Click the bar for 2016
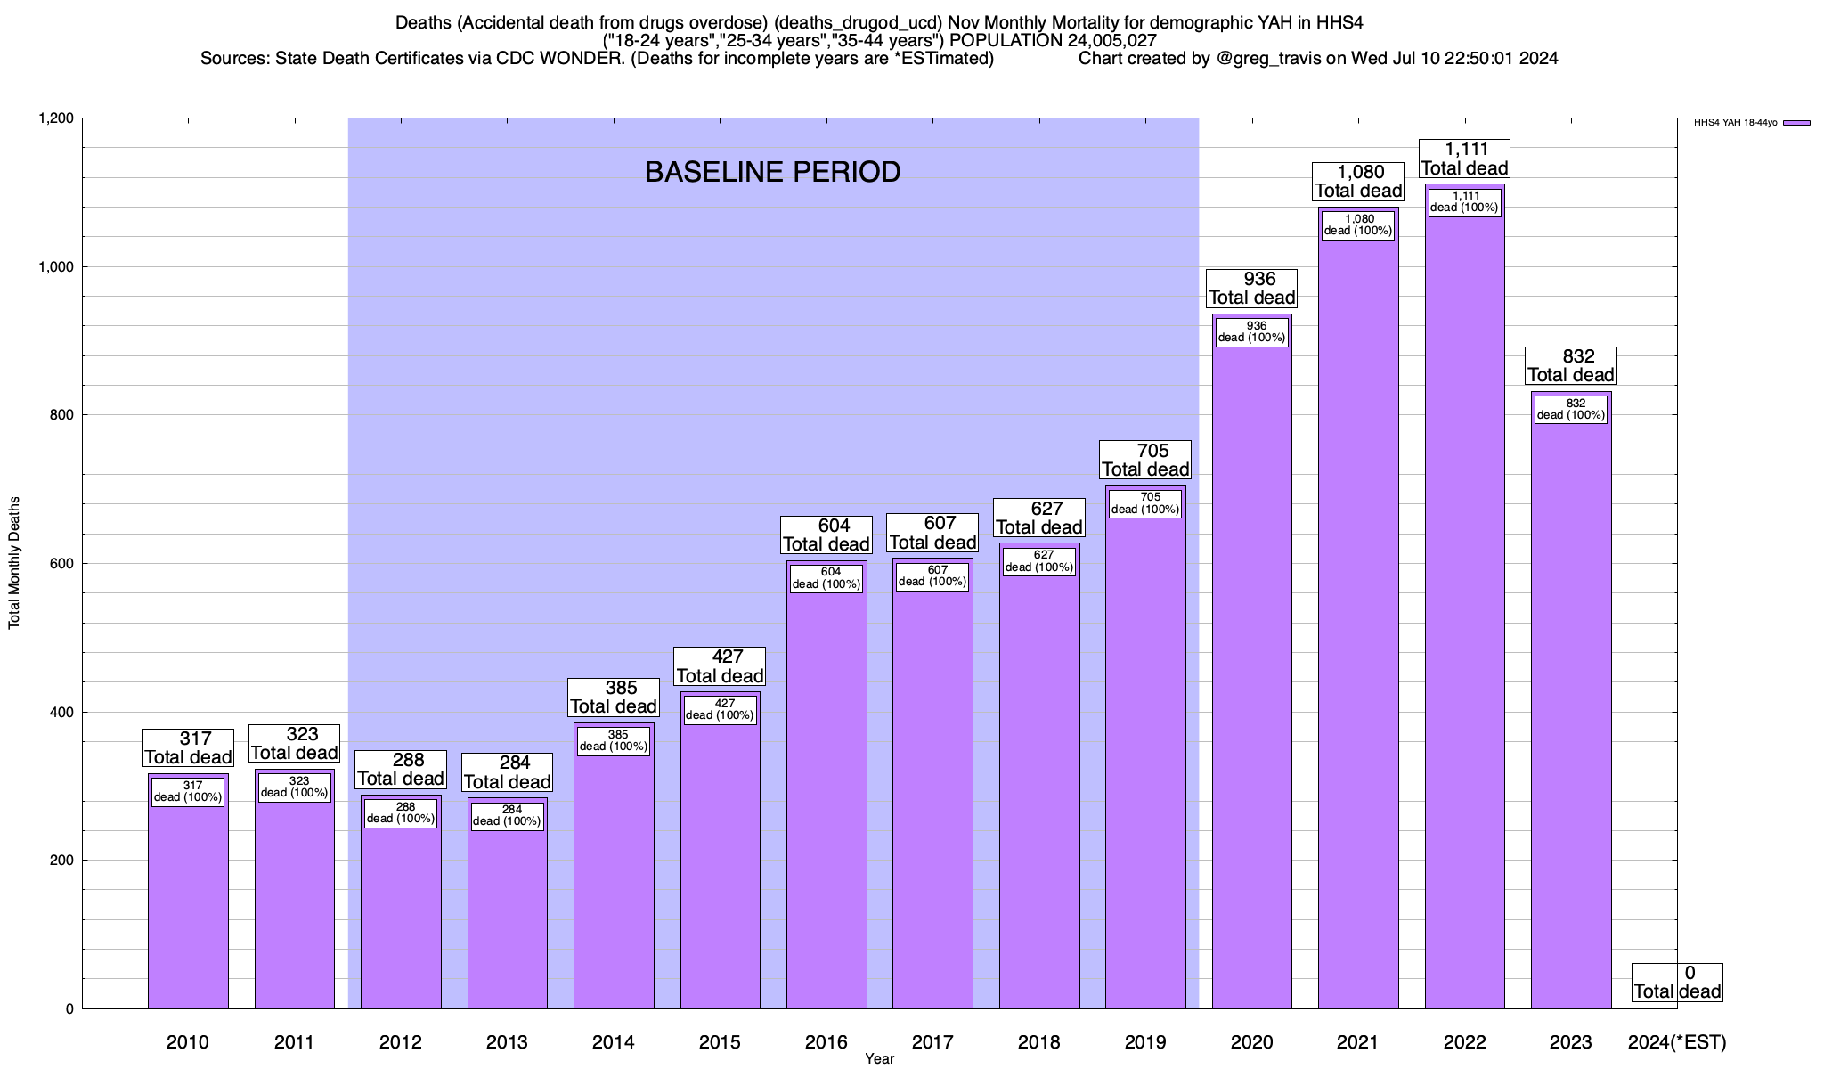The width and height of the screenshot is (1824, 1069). (826, 802)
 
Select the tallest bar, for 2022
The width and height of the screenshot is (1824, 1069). (1465, 624)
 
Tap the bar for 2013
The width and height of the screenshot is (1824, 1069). (508, 918)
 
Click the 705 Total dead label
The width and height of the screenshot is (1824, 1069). (1145, 461)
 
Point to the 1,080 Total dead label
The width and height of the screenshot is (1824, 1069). (1358, 182)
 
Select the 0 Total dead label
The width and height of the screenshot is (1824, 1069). (1677, 983)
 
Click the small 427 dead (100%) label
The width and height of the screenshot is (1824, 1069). (721, 710)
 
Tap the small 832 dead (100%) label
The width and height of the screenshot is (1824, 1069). (1571, 409)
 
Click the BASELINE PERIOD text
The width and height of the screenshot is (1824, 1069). (772, 172)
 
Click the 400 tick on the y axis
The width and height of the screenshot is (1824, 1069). (62, 713)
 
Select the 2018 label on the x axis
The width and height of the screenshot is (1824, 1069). (1038, 1042)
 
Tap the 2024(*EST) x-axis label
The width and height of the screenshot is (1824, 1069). (1676, 1042)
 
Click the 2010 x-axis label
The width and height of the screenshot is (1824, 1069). (188, 1042)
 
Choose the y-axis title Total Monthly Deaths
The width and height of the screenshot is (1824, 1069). (14, 563)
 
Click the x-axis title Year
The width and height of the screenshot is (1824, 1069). (879, 1059)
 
